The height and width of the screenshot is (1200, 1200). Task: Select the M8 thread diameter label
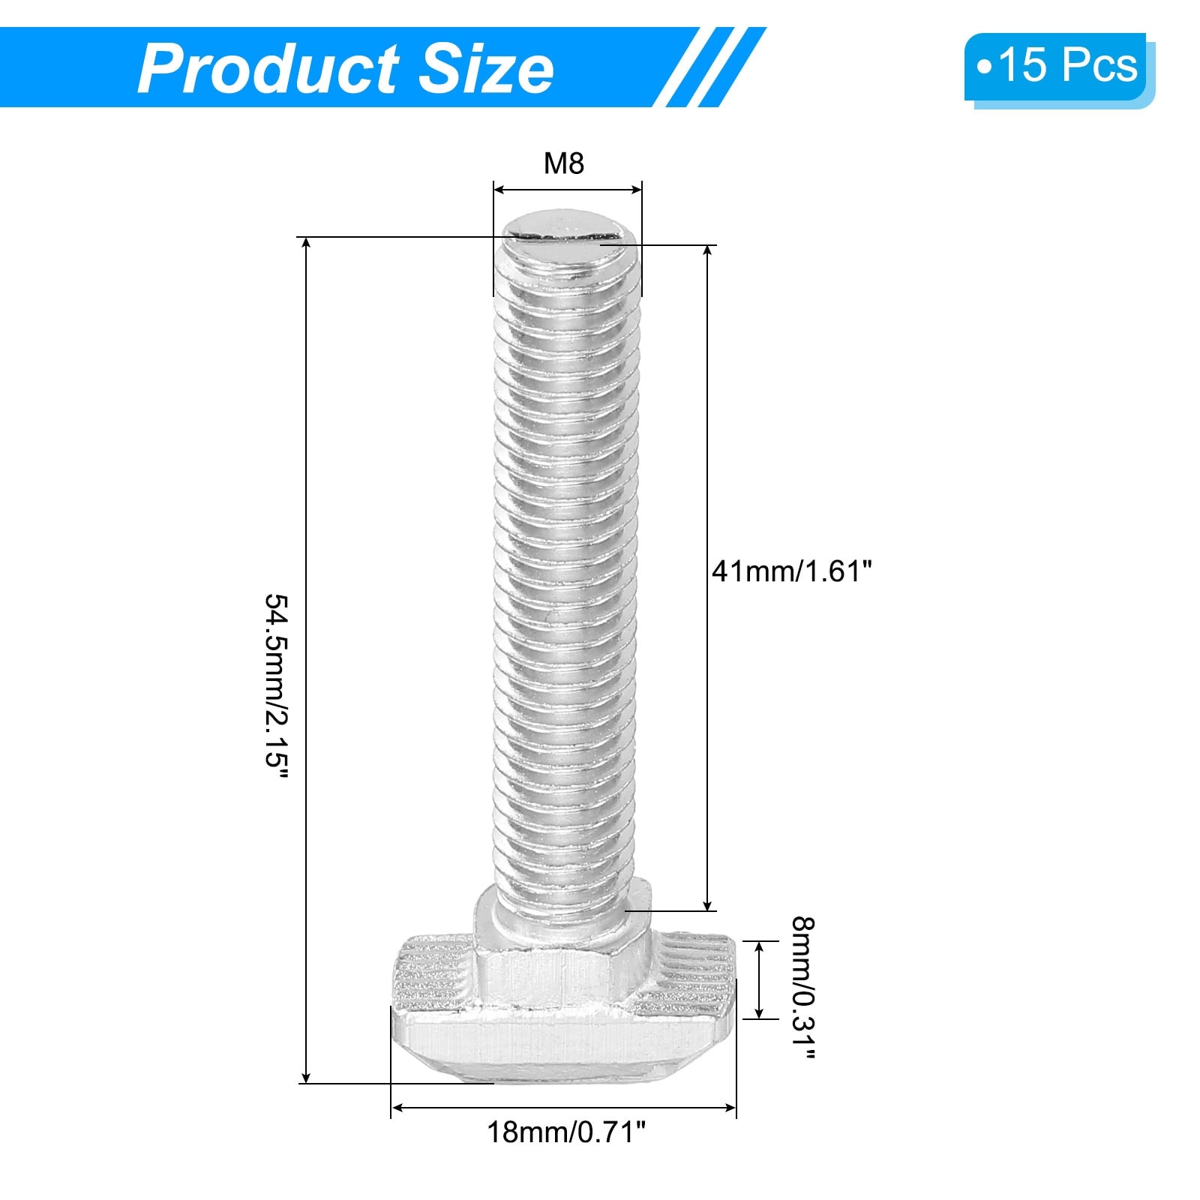[x=564, y=163]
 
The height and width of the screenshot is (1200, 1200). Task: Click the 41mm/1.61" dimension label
[x=793, y=571]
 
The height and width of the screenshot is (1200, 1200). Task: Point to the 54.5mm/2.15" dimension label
[x=275, y=689]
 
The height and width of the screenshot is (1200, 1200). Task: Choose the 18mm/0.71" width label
[x=566, y=1132]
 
